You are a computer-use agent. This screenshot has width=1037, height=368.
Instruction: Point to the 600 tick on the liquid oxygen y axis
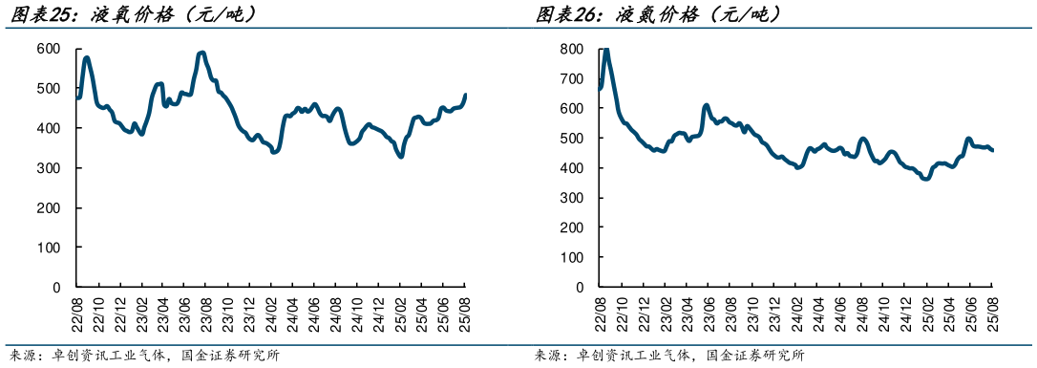pos(48,49)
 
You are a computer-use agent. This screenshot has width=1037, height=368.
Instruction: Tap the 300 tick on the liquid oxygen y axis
pos(48,168)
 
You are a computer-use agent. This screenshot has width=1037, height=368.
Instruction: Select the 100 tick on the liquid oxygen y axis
pos(48,248)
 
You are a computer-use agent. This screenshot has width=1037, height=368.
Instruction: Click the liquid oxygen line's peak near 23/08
pos(201,53)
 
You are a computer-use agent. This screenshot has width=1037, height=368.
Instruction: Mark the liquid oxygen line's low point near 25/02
pos(400,156)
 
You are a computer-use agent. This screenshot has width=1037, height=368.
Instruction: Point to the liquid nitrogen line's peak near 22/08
pos(605,50)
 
